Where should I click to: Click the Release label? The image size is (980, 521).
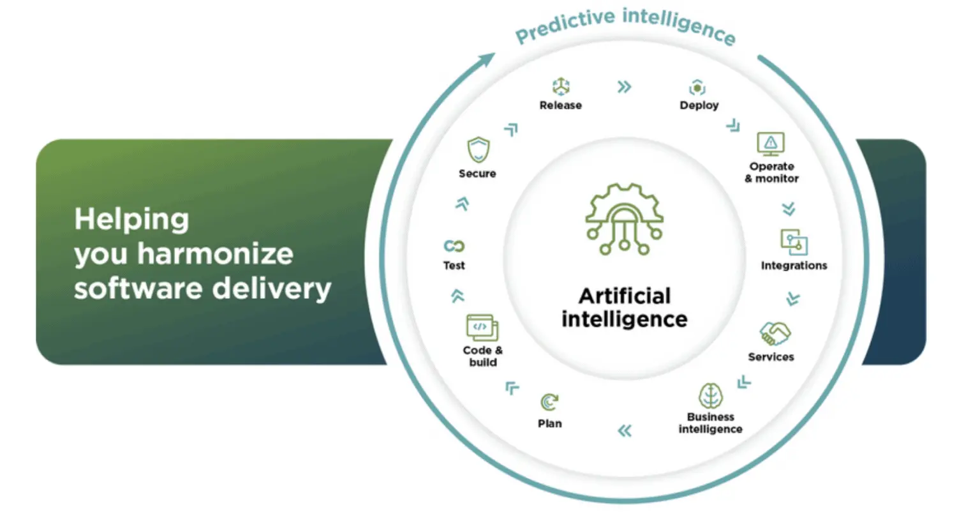pyautogui.click(x=560, y=105)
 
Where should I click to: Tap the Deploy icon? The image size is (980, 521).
pyautogui.click(x=697, y=87)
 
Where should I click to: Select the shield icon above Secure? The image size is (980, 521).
pyautogui.click(x=478, y=150)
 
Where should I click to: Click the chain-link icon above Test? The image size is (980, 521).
pyautogui.click(x=454, y=246)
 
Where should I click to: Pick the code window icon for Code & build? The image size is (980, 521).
pyautogui.click(x=482, y=328)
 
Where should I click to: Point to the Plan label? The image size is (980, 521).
pyautogui.click(x=550, y=424)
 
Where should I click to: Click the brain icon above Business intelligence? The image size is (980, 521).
pyautogui.click(x=711, y=395)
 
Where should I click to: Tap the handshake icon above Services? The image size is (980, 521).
pyautogui.click(x=775, y=334)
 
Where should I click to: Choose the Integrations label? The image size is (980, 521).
pyautogui.click(x=794, y=266)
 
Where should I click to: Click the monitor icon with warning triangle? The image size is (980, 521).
pyautogui.click(x=771, y=144)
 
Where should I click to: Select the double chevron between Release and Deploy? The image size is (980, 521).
pyautogui.click(x=625, y=87)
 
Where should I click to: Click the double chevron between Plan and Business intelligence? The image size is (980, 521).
pyautogui.click(x=625, y=431)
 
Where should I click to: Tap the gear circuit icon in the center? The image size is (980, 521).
pyautogui.click(x=625, y=220)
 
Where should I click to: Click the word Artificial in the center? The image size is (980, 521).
pyautogui.click(x=625, y=296)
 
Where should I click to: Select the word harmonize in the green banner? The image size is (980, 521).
pyautogui.click(x=215, y=253)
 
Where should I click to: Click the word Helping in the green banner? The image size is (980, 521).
pyautogui.click(x=131, y=220)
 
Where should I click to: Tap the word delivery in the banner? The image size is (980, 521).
pyautogui.click(x=272, y=290)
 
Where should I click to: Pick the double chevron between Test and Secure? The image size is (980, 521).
pyautogui.click(x=463, y=204)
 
